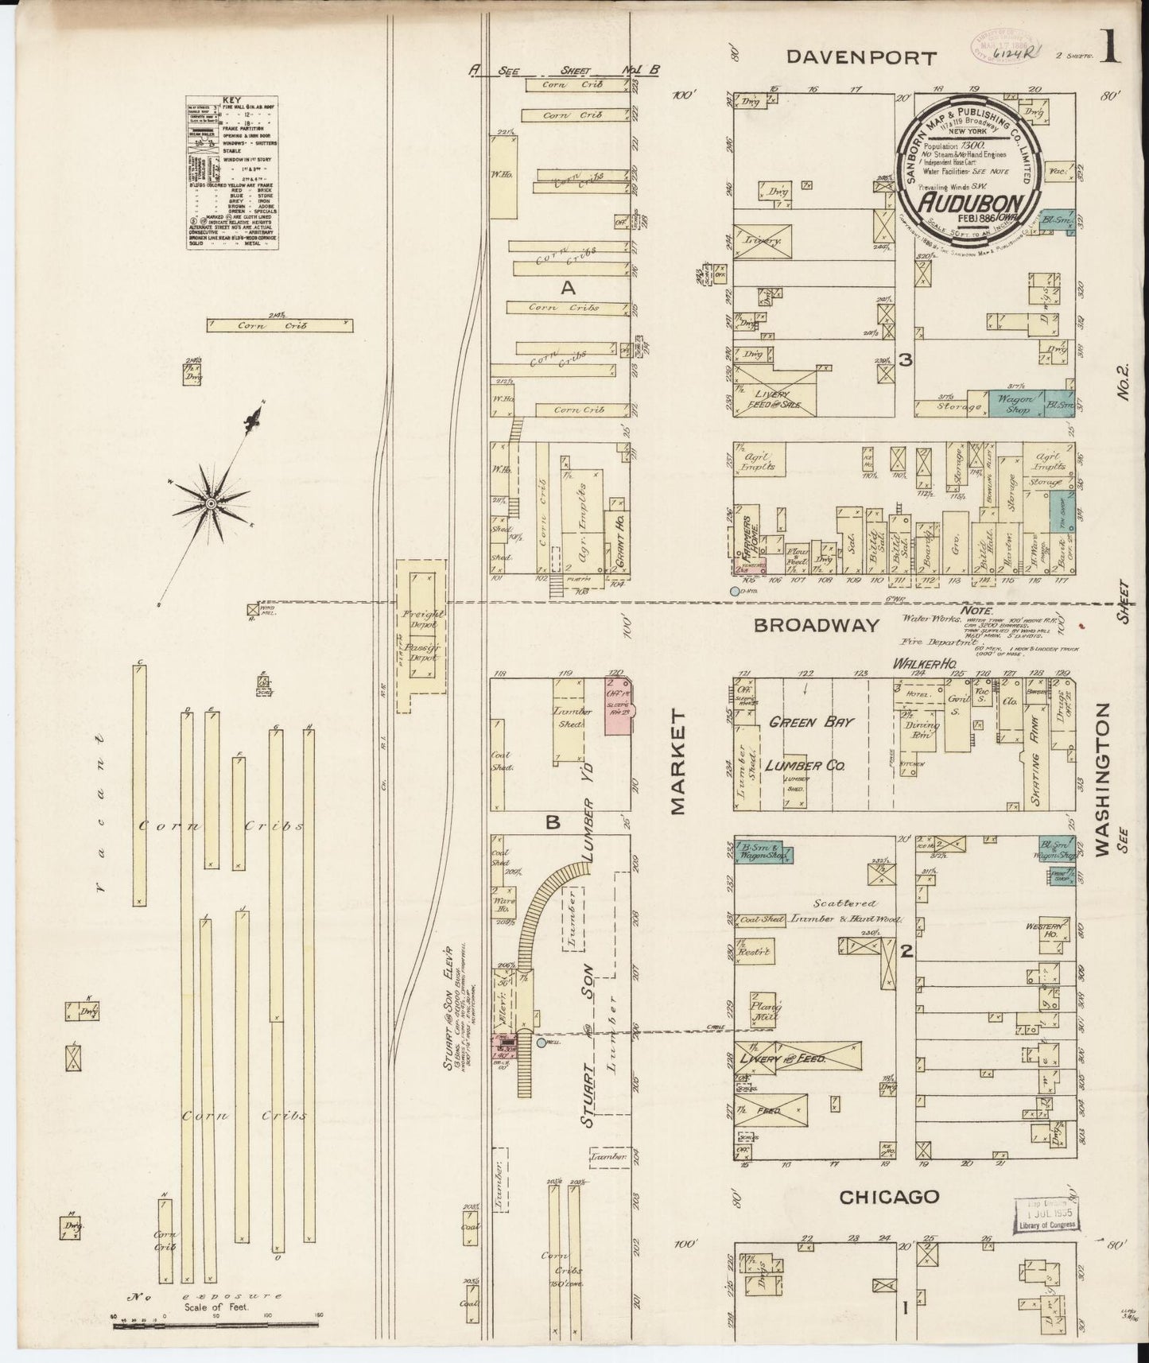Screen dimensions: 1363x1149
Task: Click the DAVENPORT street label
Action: click(x=862, y=57)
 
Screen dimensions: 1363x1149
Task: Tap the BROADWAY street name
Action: click(x=817, y=625)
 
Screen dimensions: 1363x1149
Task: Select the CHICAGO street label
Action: click(x=889, y=1197)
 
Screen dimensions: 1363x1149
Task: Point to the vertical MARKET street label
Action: click(x=677, y=763)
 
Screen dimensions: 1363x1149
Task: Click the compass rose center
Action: click(x=211, y=503)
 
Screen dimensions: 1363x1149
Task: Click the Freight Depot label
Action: click(x=423, y=615)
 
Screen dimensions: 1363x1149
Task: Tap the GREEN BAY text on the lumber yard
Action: click(x=810, y=722)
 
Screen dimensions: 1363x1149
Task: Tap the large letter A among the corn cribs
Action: click(x=568, y=288)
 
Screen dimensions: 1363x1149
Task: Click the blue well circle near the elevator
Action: click(x=542, y=1042)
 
